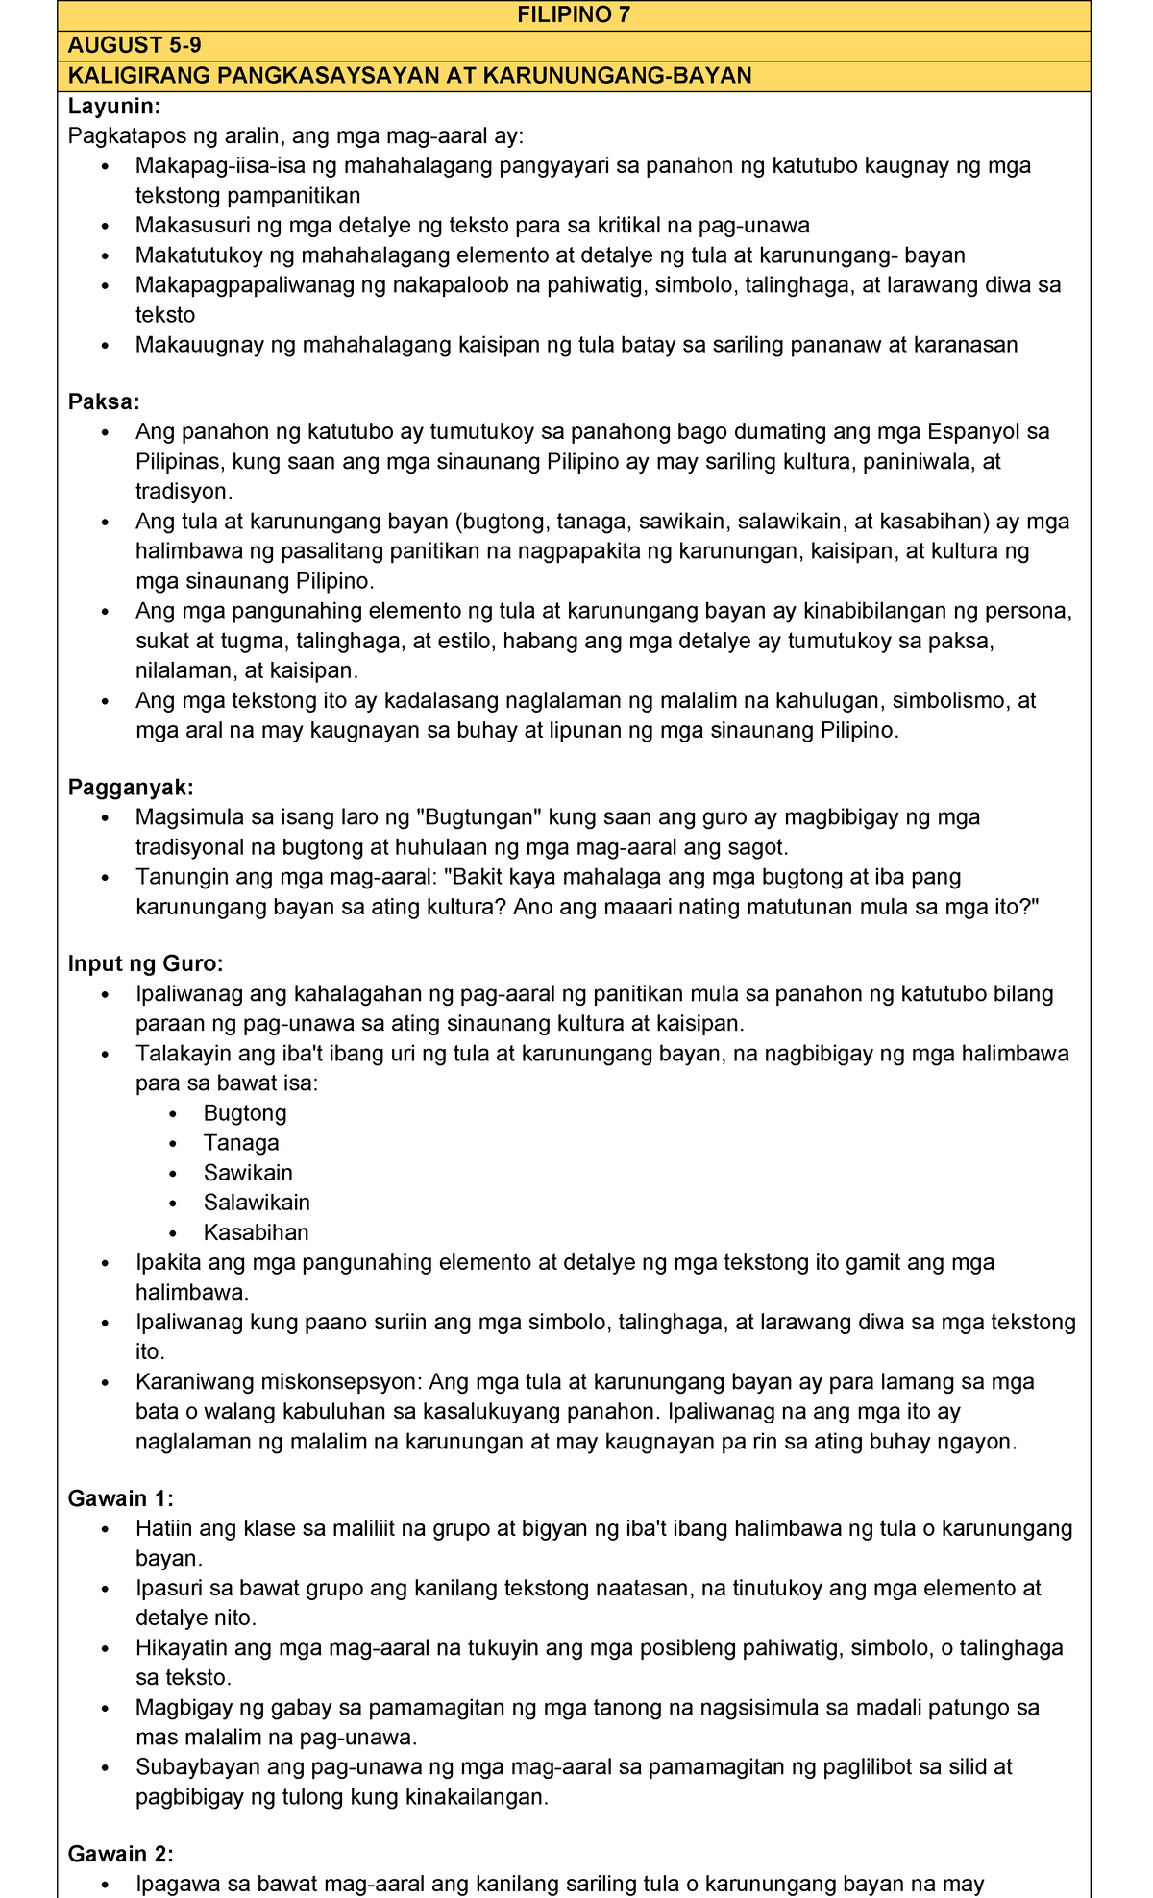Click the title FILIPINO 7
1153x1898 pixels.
[x=574, y=15]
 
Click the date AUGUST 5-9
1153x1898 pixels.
[x=135, y=45]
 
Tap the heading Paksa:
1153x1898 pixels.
[x=104, y=401]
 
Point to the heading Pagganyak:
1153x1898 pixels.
[x=131, y=788]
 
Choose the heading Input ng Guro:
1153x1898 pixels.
[x=145, y=963]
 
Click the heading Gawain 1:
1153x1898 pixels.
[x=120, y=1498]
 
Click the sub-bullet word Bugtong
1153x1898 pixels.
[x=245, y=1113]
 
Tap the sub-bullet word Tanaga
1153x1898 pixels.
[x=241, y=1143]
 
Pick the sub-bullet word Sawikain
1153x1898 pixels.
[x=248, y=1173]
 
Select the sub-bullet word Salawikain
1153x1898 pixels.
[x=257, y=1203]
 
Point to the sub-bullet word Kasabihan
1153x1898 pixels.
[x=256, y=1232]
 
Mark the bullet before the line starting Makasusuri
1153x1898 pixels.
[x=106, y=226]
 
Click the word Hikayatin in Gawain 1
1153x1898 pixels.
[x=181, y=1648]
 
